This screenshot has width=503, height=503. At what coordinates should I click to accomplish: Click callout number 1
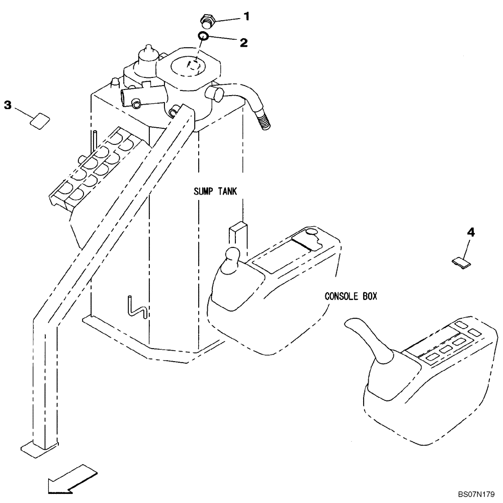pyautogui.click(x=246, y=16)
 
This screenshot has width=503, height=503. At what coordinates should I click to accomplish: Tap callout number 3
pyautogui.click(x=8, y=105)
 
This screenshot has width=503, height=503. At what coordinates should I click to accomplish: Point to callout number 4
pyautogui.click(x=470, y=232)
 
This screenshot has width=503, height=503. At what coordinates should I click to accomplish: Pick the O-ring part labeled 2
pyautogui.click(x=203, y=36)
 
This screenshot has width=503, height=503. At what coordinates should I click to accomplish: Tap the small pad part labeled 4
pyautogui.click(x=461, y=261)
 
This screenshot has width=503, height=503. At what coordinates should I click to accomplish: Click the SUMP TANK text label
pyautogui.click(x=215, y=191)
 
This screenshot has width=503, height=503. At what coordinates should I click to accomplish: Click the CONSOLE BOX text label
pyautogui.click(x=351, y=296)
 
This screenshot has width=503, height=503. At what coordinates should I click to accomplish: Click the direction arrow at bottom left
pyautogui.click(x=70, y=480)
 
